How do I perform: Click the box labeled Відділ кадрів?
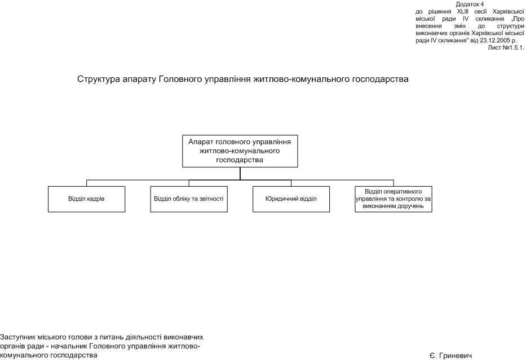click(86, 199)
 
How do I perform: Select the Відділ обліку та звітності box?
click(189, 199)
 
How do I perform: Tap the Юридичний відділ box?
click(291, 199)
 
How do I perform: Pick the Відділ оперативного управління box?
click(394, 199)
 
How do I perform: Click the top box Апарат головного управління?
click(240, 151)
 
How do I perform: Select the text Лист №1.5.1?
click(506, 48)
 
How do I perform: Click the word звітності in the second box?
click(211, 199)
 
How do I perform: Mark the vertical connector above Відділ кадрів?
click(86, 183)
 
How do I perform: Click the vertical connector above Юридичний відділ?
click(291, 183)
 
